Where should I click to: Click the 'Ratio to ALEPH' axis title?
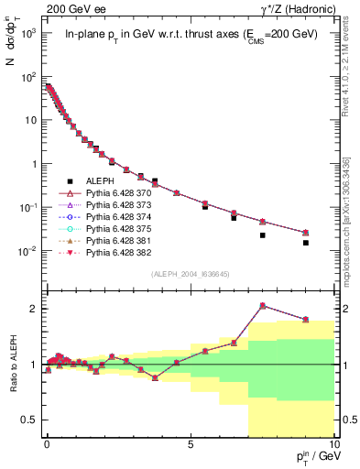point(12,364)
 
